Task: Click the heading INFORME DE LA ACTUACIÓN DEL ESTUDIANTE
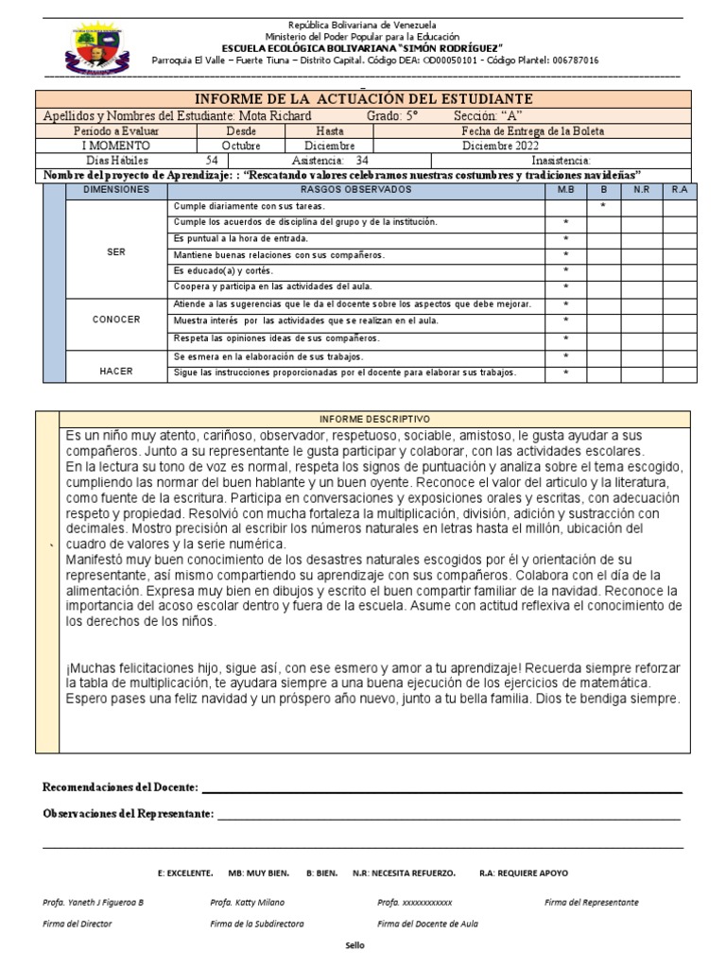(363, 99)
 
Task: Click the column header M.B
(565, 190)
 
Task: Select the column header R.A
(679, 190)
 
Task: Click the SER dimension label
(116, 252)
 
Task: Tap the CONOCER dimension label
(116, 320)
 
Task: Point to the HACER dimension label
(116, 372)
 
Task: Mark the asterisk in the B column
(603, 205)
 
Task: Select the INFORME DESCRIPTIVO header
(374, 418)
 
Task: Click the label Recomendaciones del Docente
(120, 787)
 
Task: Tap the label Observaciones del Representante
(129, 814)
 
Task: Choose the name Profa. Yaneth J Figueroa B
(93, 902)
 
